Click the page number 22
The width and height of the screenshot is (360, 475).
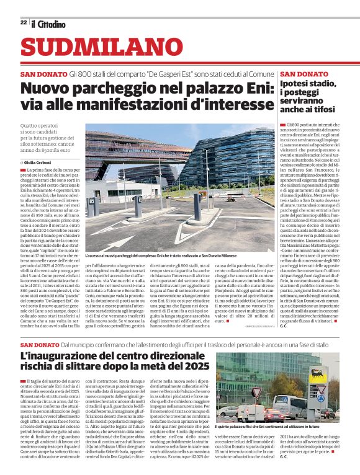tap(23, 23)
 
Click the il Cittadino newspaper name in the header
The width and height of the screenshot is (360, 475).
tap(48, 23)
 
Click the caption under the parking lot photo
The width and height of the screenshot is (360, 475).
tap(178, 255)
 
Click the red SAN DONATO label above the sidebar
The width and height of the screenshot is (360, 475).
tap(304, 74)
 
